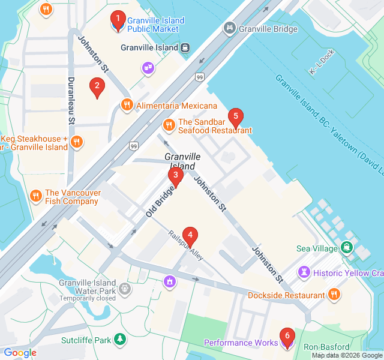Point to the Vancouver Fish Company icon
tap(36, 196)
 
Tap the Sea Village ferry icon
tap(347, 247)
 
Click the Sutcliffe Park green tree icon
tap(121, 340)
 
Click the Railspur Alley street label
tap(186, 246)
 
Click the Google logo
tap(20, 353)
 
